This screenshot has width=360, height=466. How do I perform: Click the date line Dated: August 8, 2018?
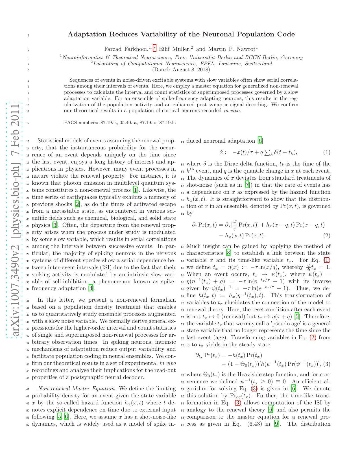tap(181, 69)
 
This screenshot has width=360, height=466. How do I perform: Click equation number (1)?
tap(326, 152)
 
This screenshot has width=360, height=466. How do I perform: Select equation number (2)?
tap(326, 235)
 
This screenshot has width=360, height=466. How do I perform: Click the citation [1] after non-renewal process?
tap(136, 190)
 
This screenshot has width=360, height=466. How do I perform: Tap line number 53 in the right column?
tap(182, 141)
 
